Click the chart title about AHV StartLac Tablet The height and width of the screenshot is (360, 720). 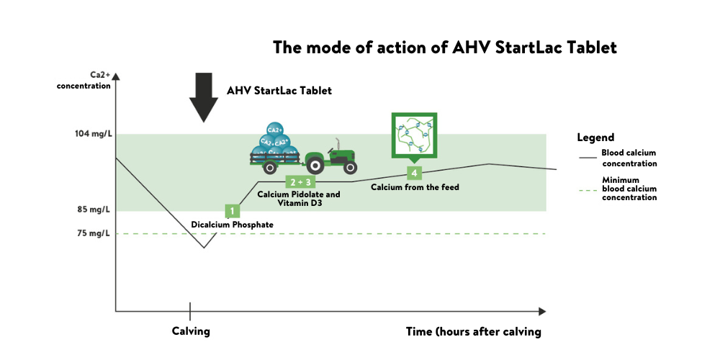click(444, 48)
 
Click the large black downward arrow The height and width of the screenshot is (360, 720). click(204, 96)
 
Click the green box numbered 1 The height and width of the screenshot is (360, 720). click(232, 211)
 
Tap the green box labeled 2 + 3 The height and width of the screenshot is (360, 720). click(300, 181)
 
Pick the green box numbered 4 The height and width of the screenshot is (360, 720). click(413, 173)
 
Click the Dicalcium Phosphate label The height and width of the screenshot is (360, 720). click(232, 225)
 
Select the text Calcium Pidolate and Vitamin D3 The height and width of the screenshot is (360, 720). click(299, 199)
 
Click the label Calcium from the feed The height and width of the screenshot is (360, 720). click(415, 187)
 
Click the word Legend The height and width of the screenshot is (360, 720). click(595, 138)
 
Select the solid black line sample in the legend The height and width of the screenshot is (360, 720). click(588, 156)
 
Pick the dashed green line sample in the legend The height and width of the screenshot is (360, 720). click(588, 190)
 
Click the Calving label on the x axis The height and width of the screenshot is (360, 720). click(190, 331)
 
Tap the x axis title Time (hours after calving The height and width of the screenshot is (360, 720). click(473, 332)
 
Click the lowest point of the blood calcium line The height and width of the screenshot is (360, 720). click(204, 248)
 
